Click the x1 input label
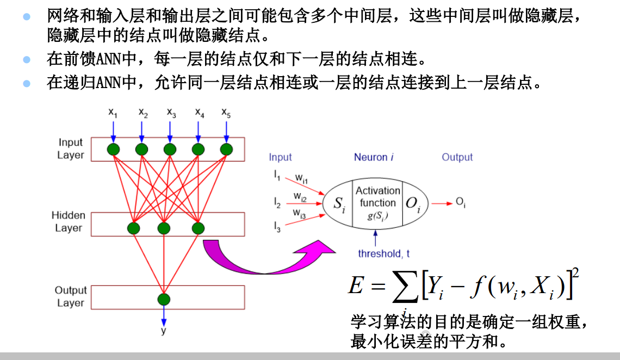point(113,113)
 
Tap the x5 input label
point(226,113)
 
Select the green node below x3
point(170,149)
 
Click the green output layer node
point(164,299)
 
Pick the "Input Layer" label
point(71,148)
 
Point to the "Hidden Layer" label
point(69,221)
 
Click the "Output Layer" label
point(71,296)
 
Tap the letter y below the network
point(163,330)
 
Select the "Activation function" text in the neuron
point(377,196)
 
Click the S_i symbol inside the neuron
point(339,204)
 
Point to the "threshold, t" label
point(384,253)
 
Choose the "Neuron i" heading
point(374,157)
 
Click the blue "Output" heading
point(457,157)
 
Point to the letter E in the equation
point(356,285)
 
